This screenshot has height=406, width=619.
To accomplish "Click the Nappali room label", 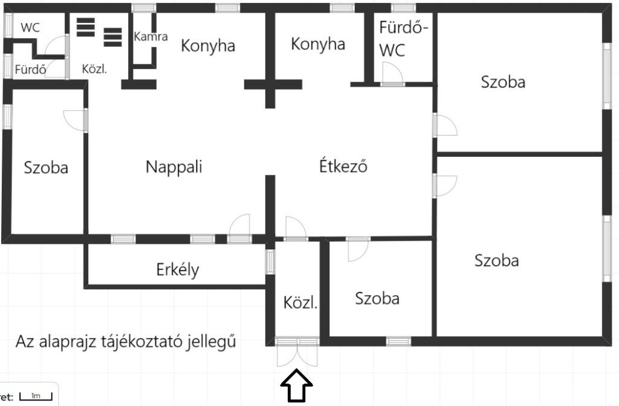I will (x=173, y=167).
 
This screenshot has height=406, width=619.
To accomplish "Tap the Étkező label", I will (x=343, y=166).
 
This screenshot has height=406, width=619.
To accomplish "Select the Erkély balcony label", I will (x=177, y=269).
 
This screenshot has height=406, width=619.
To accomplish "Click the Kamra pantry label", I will (x=151, y=36).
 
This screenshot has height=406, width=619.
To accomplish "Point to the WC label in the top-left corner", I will (x=30, y=28).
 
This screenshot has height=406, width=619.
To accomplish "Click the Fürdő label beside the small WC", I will (x=31, y=70).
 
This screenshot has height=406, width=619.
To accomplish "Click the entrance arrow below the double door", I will (x=297, y=387).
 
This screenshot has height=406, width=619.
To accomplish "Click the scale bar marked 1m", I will (x=36, y=396).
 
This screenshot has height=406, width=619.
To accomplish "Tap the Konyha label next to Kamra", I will (x=208, y=46).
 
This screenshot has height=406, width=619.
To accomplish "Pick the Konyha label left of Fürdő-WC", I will (x=318, y=44).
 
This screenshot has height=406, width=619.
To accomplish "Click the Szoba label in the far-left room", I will (x=46, y=168).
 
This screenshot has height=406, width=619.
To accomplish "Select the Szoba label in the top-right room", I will (x=503, y=82).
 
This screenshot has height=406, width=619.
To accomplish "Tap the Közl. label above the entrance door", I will (x=300, y=303).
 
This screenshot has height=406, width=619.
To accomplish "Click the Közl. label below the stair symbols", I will (x=95, y=69).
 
